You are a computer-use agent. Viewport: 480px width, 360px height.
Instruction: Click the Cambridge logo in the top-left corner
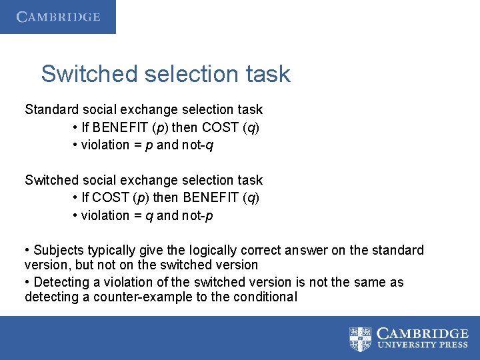point(58,17)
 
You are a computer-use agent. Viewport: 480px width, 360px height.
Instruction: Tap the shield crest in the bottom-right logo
point(361,338)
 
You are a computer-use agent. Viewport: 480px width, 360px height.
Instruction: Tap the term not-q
point(198,145)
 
